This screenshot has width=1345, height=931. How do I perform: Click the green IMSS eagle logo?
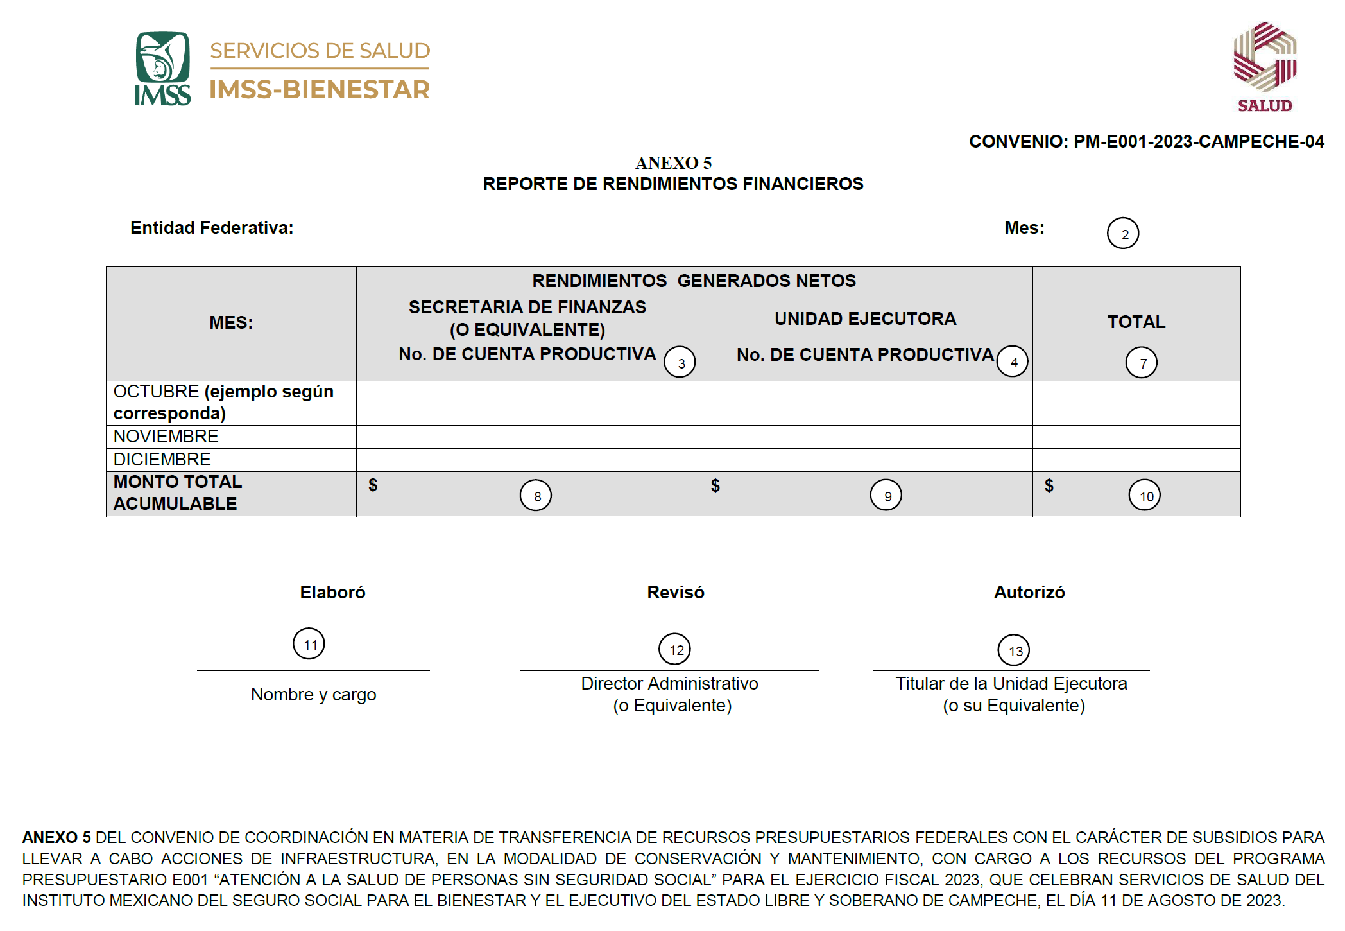162,67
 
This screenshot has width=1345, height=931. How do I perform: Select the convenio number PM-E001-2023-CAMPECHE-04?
1199,142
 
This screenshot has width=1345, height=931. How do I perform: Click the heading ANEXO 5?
673,163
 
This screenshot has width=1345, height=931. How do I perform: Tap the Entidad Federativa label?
212,228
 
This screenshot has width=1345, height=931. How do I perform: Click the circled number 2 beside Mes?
1123,234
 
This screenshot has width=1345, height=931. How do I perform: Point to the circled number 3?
680,363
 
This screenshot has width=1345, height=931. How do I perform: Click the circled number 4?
1013,361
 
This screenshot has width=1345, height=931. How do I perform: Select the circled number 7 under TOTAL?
1142,363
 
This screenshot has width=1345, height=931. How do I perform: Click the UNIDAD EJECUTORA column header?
865,319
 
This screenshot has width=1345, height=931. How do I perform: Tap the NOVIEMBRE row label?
166,437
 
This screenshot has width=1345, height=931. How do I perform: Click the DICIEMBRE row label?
162,460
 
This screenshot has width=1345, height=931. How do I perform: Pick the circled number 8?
536,496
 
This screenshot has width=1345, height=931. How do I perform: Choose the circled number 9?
886,496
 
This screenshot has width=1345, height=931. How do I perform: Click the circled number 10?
1145,496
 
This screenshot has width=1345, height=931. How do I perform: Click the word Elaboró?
332,593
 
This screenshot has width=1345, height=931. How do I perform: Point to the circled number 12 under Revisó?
675,649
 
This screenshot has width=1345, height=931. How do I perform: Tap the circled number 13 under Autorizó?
1014,650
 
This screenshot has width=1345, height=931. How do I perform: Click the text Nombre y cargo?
313,695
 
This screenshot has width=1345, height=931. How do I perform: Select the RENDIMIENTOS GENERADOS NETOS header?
694,281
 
